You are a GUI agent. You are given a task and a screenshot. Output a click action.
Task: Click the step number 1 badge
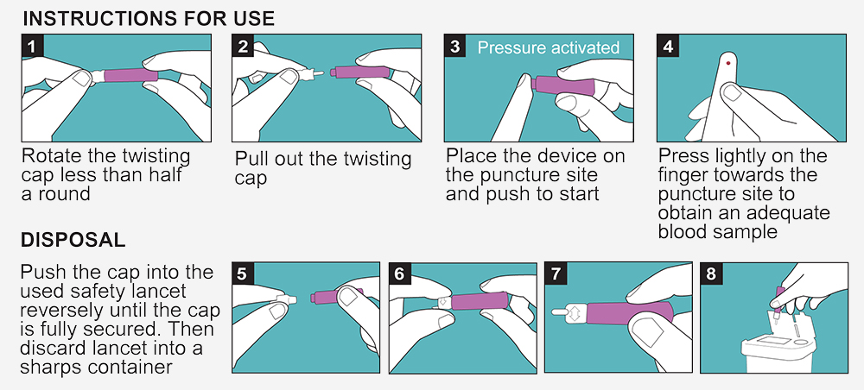pyautogui.click(x=32, y=46)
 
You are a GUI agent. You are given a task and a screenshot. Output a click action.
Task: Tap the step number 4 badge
pyautogui.click(x=668, y=46)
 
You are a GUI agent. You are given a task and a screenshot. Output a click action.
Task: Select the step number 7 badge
pyautogui.click(x=556, y=274)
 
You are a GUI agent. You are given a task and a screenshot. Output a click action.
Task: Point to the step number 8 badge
pyautogui.click(x=711, y=274)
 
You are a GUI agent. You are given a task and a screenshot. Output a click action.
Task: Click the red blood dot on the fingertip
pyautogui.click(x=727, y=63)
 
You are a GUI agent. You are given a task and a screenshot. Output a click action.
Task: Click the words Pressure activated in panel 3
pyautogui.click(x=549, y=47)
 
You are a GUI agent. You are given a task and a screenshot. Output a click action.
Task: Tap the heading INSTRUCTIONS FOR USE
pyautogui.click(x=149, y=19)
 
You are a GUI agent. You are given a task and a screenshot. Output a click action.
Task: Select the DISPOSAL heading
pyautogui.click(x=73, y=240)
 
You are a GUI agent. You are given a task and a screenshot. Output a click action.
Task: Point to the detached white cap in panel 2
pyautogui.click(x=310, y=72)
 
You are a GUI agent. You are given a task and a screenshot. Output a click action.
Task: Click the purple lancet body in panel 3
pyautogui.click(x=564, y=85)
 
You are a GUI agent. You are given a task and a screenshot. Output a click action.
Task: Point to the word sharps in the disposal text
pyautogui.click(x=50, y=367)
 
